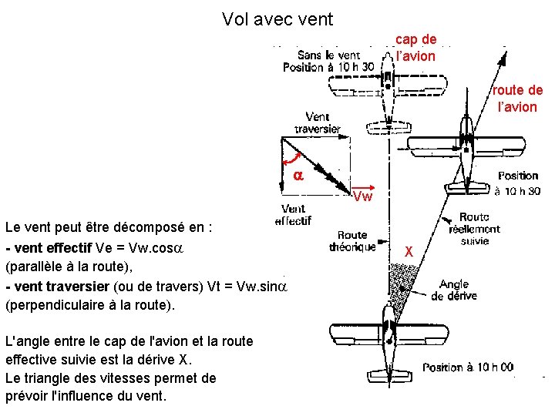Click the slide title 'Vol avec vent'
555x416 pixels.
(277, 18)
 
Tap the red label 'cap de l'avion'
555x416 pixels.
(415, 48)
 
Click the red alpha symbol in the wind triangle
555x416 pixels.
(298, 176)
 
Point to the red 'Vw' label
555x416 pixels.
(363, 196)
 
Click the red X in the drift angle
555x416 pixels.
(409, 252)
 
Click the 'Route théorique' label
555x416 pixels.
(352, 241)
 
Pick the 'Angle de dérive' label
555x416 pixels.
(454, 290)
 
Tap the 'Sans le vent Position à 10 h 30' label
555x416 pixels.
(328, 61)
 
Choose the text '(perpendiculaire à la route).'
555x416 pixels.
(90, 304)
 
